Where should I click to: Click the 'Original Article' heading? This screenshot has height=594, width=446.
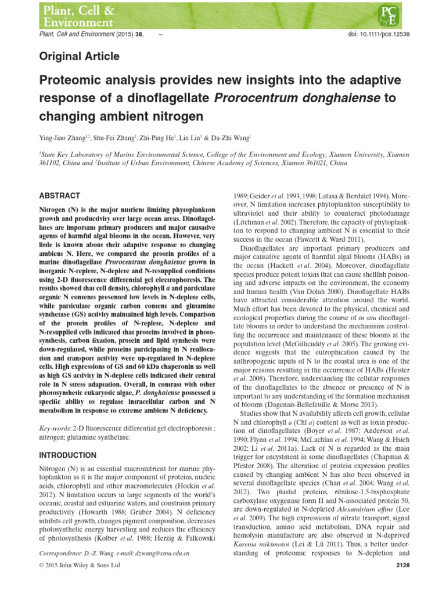pos(79,56)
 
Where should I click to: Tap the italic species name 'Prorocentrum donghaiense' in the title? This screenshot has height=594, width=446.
pos(296,97)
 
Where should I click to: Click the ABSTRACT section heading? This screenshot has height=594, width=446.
pos(59,195)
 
